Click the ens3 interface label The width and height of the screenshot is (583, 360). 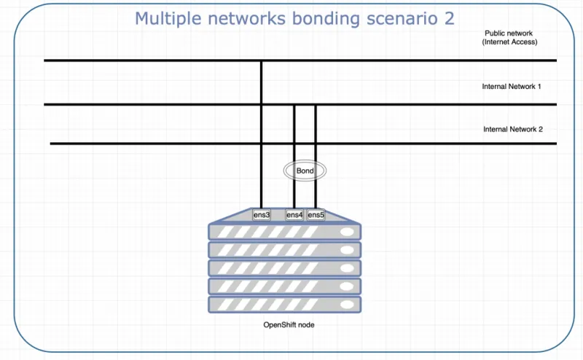(x=262, y=215)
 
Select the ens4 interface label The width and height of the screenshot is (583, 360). (x=294, y=215)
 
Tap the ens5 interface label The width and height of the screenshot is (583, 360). (x=316, y=215)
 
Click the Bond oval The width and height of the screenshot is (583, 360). (x=305, y=171)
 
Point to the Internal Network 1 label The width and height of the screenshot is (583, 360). (x=512, y=87)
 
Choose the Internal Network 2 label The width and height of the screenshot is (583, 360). (x=513, y=129)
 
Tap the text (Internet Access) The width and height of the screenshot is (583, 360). (x=510, y=42)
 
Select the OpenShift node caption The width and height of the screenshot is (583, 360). (x=289, y=325)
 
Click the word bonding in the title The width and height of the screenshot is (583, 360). (x=326, y=18)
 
